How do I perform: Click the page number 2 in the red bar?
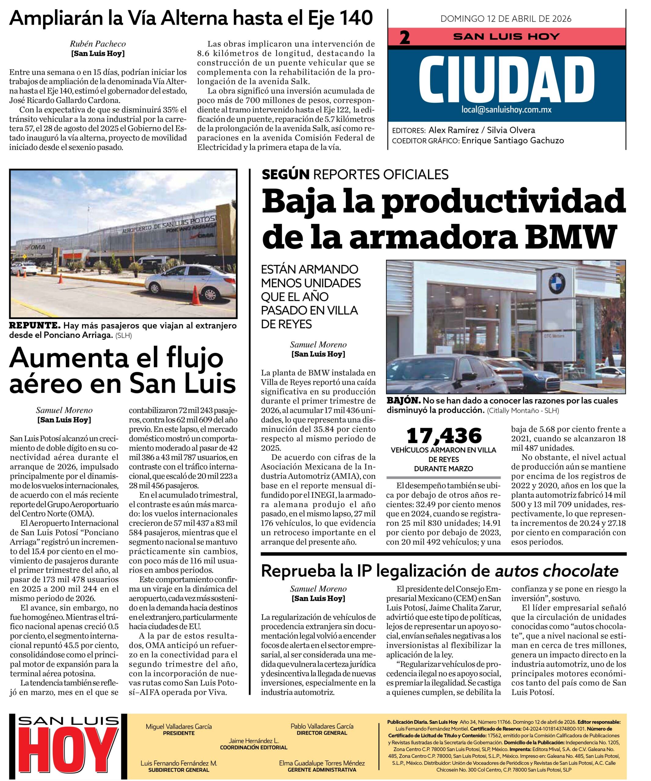[x=404, y=38]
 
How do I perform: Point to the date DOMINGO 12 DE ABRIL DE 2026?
[x=506, y=19]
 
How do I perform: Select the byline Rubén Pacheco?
[x=98, y=44]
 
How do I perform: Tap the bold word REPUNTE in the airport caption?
[x=34, y=326]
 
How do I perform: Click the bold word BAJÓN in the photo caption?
[x=403, y=401]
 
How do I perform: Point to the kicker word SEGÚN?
[x=286, y=174]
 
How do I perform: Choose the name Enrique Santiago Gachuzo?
[x=512, y=141]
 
